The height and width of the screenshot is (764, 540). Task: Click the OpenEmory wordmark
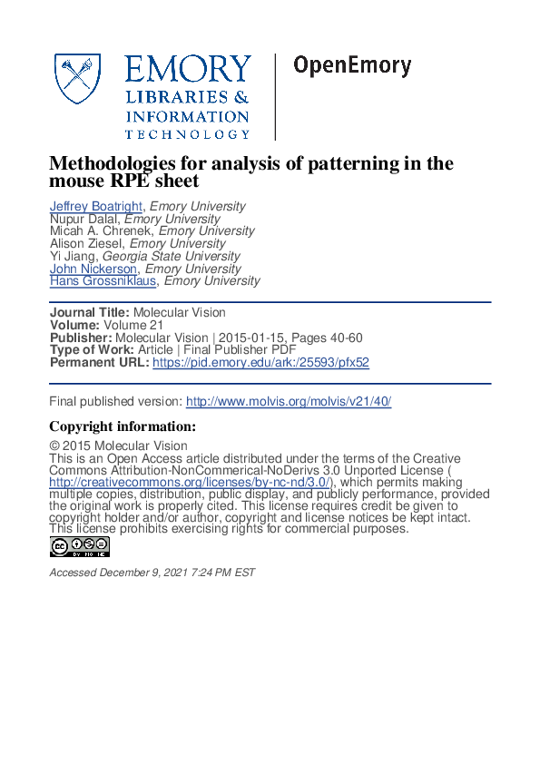click(x=352, y=66)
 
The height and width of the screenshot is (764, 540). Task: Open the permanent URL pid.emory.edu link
click(x=260, y=362)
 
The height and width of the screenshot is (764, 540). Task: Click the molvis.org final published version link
click(x=289, y=401)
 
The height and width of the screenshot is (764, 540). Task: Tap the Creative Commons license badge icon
click(x=80, y=546)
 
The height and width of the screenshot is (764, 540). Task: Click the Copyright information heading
click(x=122, y=426)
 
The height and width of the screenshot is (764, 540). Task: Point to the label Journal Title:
click(x=89, y=312)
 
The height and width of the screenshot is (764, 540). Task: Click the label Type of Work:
click(x=92, y=350)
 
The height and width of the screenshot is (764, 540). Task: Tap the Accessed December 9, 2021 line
click(x=152, y=573)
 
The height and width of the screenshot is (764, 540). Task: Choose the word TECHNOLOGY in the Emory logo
click(x=187, y=134)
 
